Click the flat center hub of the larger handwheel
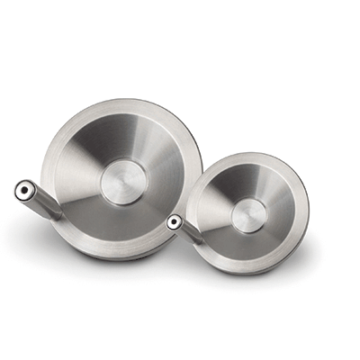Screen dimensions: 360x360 pos(123,182)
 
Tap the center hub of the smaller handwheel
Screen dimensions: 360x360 pos(248,215)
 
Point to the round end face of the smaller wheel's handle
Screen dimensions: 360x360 pos(174,220)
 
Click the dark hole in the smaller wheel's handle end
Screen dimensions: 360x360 pos(173,220)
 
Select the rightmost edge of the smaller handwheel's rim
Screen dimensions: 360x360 pos(309,216)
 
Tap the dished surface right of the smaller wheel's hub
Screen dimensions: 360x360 pos(283,215)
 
